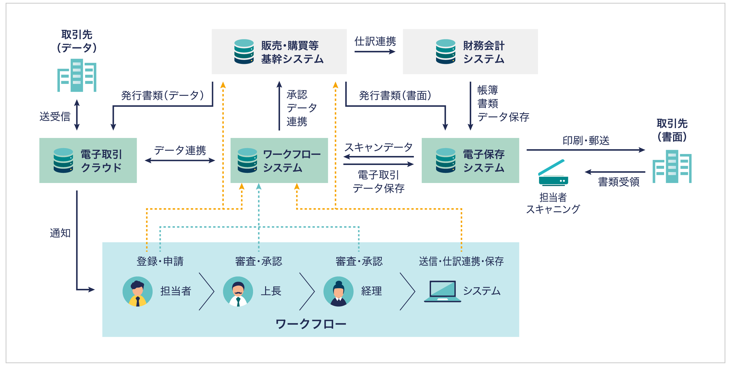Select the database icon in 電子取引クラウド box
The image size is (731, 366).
[63, 160]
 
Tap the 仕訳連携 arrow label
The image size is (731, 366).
[375, 41]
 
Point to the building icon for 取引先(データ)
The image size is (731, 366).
[77, 75]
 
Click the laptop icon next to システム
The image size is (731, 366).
[442, 291]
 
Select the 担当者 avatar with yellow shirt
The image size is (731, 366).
[137, 291]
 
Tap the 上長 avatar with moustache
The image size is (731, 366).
[238, 291]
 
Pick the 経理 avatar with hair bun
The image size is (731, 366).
[338, 291]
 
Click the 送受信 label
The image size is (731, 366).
[55, 117]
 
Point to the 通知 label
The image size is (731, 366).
[60, 233]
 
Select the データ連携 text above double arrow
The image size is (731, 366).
[180, 150]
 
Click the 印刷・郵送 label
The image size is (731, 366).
[586, 140]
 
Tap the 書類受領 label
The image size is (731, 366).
[619, 182]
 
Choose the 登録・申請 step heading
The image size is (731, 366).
[160, 261]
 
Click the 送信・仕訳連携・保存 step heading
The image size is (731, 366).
[461, 261]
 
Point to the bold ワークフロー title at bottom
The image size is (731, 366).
[311, 324]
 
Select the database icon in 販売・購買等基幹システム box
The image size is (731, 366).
[244, 52]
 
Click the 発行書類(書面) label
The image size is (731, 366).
[395, 95]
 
